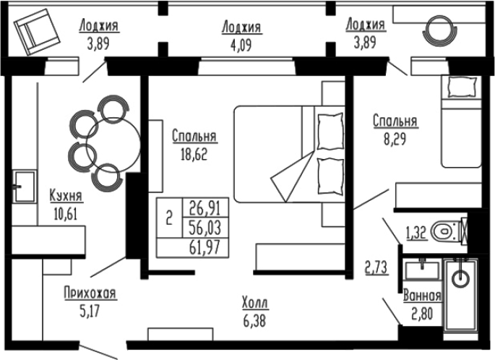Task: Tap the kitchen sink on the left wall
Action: [25, 187]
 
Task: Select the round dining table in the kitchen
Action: [113, 145]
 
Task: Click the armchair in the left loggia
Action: [37, 32]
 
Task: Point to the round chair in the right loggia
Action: [440, 31]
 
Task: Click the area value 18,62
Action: [194, 155]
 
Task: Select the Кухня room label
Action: [66, 196]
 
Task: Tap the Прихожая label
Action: [90, 293]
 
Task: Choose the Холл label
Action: [255, 304]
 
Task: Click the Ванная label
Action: [422, 296]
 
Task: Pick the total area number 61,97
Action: [205, 247]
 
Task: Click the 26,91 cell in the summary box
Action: [205, 207]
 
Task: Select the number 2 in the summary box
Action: [169, 218]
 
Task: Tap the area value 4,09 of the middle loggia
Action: [241, 45]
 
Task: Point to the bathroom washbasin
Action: [422, 270]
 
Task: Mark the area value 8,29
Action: [395, 139]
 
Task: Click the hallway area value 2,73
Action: [377, 267]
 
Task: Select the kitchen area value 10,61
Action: [66, 214]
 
